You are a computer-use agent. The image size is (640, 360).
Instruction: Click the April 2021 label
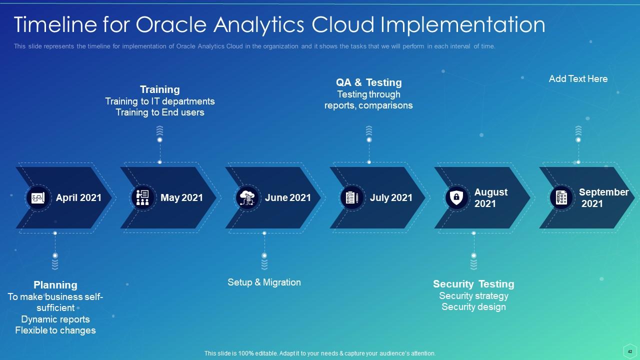pyautogui.click(x=78, y=197)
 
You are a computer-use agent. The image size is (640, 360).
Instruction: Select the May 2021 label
pyautogui.click(x=181, y=197)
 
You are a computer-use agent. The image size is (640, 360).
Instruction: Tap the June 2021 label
pyautogui.click(x=287, y=197)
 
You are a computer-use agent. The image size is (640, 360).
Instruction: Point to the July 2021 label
pyautogui.click(x=391, y=197)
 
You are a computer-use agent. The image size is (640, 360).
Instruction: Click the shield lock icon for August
pyautogui.click(x=456, y=197)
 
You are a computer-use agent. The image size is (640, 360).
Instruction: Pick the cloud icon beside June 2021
pyautogui.click(x=247, y=197)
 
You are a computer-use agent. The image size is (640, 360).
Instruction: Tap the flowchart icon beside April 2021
pyautogui.click(x=37, y=197)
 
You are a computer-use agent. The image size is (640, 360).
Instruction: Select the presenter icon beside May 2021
pyautogui.click(x=142, y=197)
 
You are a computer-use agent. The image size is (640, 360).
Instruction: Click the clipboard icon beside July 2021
pyautogui.click(x=352, y=197)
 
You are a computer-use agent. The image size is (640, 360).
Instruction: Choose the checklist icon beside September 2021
pyautogui.click(x=561, y=197)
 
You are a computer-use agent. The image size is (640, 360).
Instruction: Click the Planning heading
pyautogui.click(x=55, y=285)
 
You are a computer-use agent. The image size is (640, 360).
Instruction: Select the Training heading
pyautogui.click(x=160, y=89)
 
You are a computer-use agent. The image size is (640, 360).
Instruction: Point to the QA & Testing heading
pyautogui.click(x=369, y=82)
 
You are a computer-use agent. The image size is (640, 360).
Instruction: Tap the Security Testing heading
pyautogui.click(x=473, y=284)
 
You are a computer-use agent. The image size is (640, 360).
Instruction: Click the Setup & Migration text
pyautogui.click(x=264, y=282)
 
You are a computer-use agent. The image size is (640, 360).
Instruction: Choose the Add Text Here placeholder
pyautogui.click(x=578, y=79)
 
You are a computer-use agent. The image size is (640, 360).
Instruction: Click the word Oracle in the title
pyautogui.click(x=171, y=24)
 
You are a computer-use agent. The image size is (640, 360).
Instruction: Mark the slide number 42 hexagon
pyautogui.click(x=630, y=351)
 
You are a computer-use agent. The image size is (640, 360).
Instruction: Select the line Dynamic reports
pyautogui.click(x=55, y=319)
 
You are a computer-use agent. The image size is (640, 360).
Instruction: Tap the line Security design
pyautogui.click(x=473, y=307)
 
